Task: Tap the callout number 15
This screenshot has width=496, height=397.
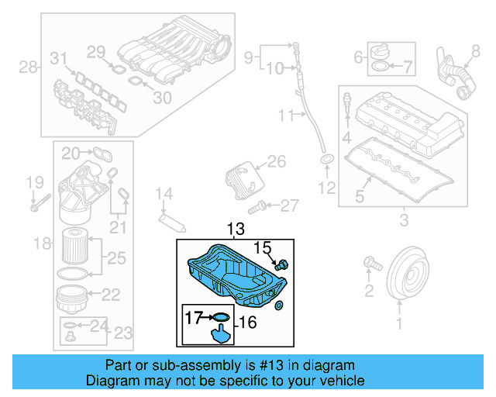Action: (x=264, y=248)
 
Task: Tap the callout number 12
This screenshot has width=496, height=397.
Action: (x=326, y=187)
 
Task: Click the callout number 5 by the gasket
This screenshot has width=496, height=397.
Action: (x=359, y=196)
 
